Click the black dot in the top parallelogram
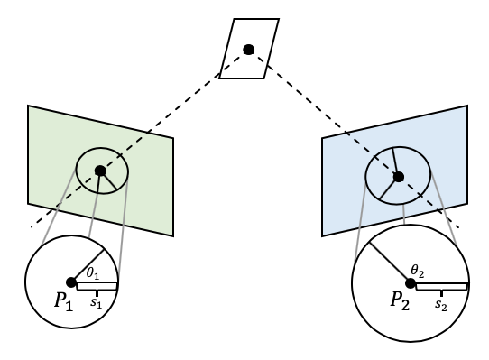[249, 49]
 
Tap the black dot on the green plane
[100, 170]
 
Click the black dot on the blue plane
[398, 176]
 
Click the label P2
[401, 301]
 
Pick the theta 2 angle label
[417, 270]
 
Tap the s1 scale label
[95, 303]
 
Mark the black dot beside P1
[70, 282]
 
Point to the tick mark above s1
[96, 292]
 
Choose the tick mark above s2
[440, 293]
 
